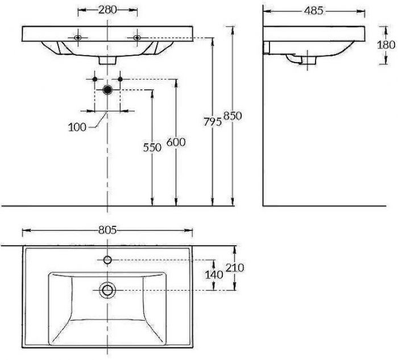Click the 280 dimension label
pos(107,10)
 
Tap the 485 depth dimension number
pos(314,11)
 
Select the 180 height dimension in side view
pos(386,45)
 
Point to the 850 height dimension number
pos(233,116)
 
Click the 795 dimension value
pos(213,122)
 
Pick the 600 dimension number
pos(176,142)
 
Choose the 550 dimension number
pos(152,147)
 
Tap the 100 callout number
pos(77,127)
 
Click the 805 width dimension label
pos(107,230)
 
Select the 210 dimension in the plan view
pos(235,268)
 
